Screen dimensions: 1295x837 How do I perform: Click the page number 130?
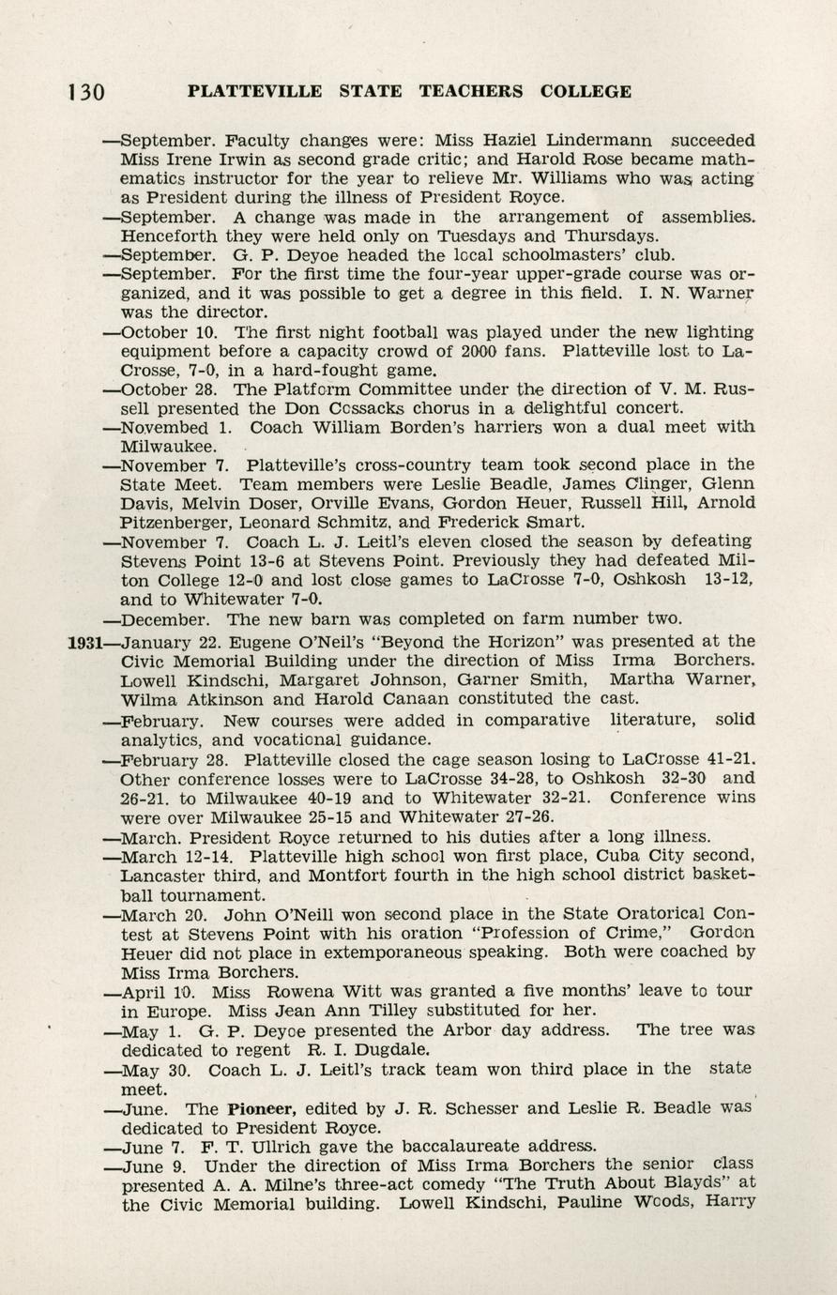coord(85,92)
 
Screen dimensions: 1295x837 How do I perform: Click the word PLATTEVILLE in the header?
coord(254,92)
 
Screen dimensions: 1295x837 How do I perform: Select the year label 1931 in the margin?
coord(84,642)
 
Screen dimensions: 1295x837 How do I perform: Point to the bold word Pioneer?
coord(254,1108)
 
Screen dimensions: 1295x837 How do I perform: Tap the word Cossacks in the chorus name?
coord(372,408)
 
